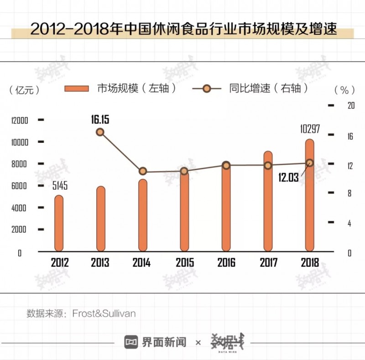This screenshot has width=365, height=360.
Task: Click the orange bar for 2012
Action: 59,224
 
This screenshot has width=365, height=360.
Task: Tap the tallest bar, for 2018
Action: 310,196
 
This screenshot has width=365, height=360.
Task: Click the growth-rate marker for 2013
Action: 100,132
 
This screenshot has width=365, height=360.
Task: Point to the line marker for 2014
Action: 143,171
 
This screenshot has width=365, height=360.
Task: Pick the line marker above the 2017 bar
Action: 268,165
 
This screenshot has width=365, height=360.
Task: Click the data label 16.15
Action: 100,120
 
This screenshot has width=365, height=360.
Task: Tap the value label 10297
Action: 309,129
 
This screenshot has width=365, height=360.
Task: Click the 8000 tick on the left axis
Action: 20,164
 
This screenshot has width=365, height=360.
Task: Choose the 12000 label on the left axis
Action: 20,120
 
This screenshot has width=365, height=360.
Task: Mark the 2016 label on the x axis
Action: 226,263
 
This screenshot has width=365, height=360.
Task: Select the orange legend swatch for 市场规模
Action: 77,88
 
